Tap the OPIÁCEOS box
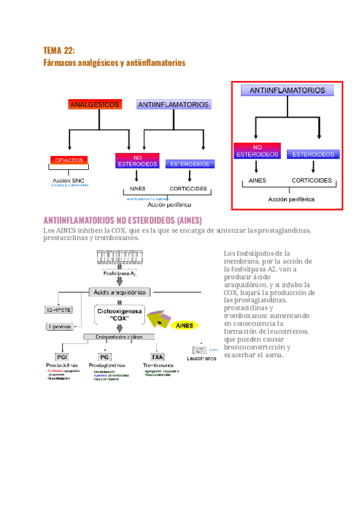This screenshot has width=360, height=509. (70, 160)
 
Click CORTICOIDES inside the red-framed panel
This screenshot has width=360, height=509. (311, 180)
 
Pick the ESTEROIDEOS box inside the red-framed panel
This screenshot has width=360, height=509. (313, 154)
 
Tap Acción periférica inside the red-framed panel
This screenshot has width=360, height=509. (290, 199)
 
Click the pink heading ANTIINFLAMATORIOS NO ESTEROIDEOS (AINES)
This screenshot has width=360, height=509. (123, 220)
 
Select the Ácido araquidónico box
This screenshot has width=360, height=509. (120, 292)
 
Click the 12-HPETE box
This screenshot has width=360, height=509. (59, 310)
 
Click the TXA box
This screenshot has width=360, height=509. (157, 357)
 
